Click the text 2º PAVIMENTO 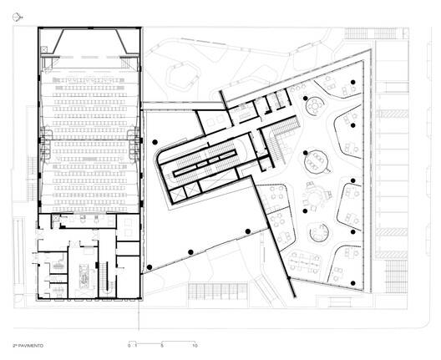tap(29, 344)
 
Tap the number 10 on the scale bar tap(195, 344)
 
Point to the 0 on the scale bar tap(129, 344)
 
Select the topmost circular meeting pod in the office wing tap(316, 106)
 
